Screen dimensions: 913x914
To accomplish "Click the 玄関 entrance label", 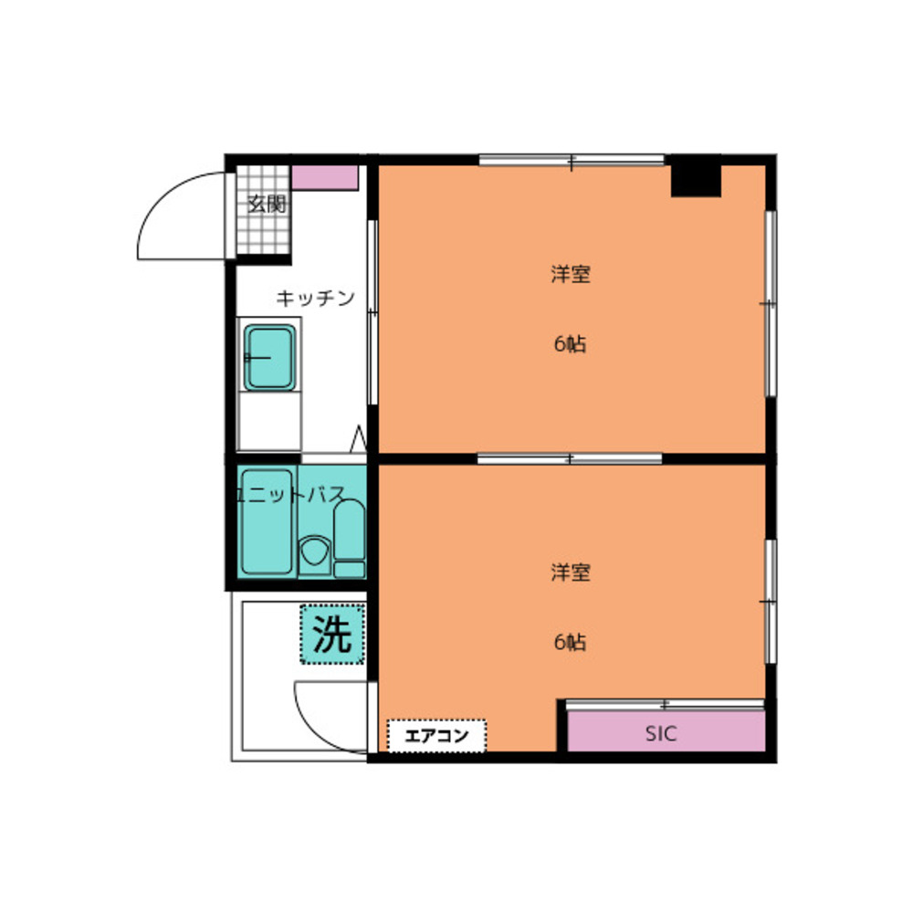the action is click(x=267, y=205).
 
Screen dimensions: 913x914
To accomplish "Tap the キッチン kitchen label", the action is click(x=315, y=298).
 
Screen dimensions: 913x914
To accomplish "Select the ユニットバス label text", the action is click(x=289, y=495).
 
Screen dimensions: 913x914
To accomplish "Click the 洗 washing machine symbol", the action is click(x=332, y=635).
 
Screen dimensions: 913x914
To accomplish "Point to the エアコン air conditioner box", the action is click(x=436, y=736).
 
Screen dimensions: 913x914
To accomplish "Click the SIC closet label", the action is click(x=661, y=733).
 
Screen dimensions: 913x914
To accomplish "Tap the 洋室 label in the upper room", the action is click(x=571, y=274).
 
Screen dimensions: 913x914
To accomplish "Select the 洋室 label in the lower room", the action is click(x=571, y=572).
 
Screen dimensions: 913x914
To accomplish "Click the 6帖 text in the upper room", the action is click(x=571, y=344).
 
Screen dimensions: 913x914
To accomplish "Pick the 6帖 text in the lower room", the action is click(x=571, y=642).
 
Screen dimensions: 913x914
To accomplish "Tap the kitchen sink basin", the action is click(x=269, y=357).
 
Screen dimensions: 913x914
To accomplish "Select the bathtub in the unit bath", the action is click(x=267, y=521).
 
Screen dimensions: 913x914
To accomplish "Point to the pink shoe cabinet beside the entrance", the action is click(x=325, y=178).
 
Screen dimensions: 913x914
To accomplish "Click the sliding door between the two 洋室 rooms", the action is click(x=570, y=458).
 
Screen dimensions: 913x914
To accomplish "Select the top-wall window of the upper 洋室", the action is click(x=572, y=160).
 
